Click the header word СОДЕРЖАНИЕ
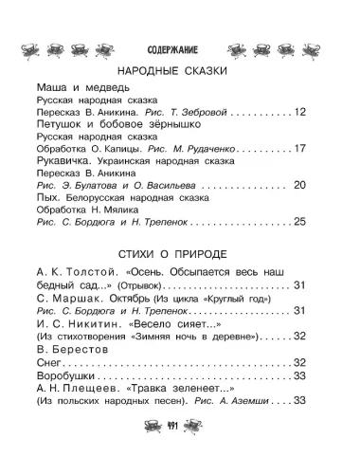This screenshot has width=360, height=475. pyautogui.click(x=180, y=47)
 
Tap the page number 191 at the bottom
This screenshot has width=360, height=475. pyautogui.click(x=180, y=454)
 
